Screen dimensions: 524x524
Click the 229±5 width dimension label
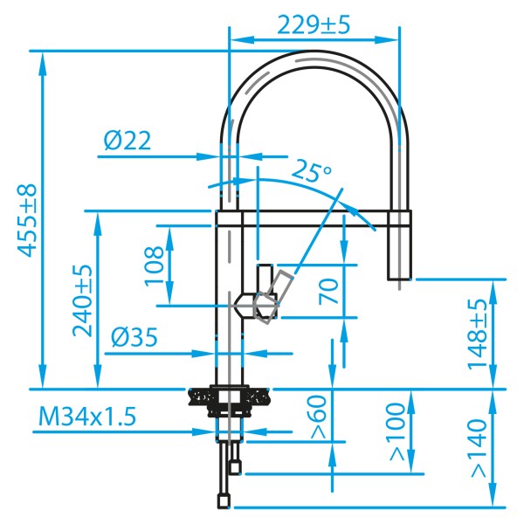click(x=314, y=25)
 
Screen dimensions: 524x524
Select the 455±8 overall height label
click(x=26, y=220)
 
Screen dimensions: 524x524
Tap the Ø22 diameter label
click(x=128, y=141)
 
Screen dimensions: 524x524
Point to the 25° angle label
click(x=312, y=171)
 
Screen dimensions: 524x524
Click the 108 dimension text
click(x=154, y=265)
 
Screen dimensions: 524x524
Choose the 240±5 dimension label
click(x=82, y=300)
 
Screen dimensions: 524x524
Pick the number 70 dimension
click(x=328, y=291)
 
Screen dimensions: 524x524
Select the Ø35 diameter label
click(x=134, y=337)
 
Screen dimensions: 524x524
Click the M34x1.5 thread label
click(x=87, y=417)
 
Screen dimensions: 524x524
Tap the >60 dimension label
click(x=318, y=417)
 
